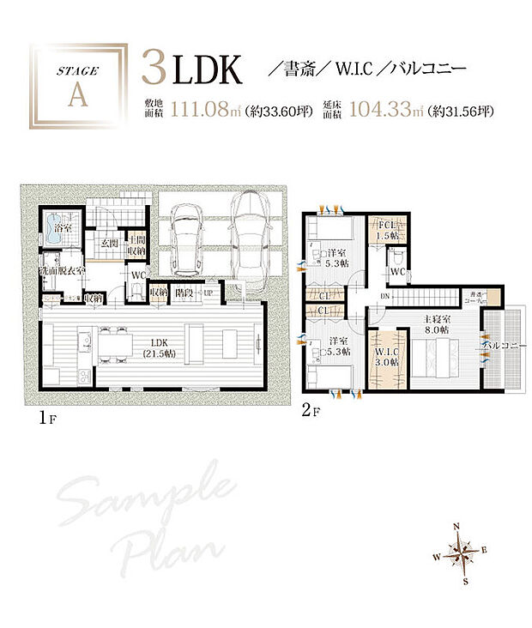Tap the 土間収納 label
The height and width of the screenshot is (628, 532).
pyautogui.click(x=136, y=246)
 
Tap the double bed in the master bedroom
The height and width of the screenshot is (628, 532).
pyautogui.click(x=434, y=353)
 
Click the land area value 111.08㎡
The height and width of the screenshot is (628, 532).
pyautogui.click(x=203, y=109)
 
